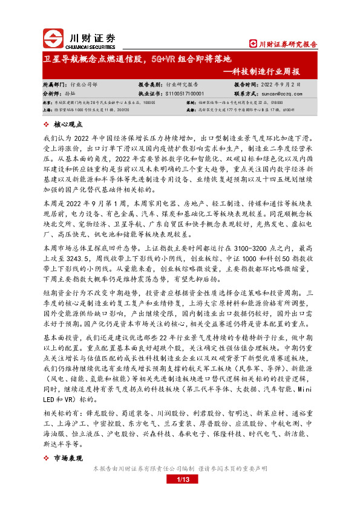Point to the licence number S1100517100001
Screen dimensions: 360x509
click(x=185, y=94)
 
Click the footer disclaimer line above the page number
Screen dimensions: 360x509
click(x=180, y=469)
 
